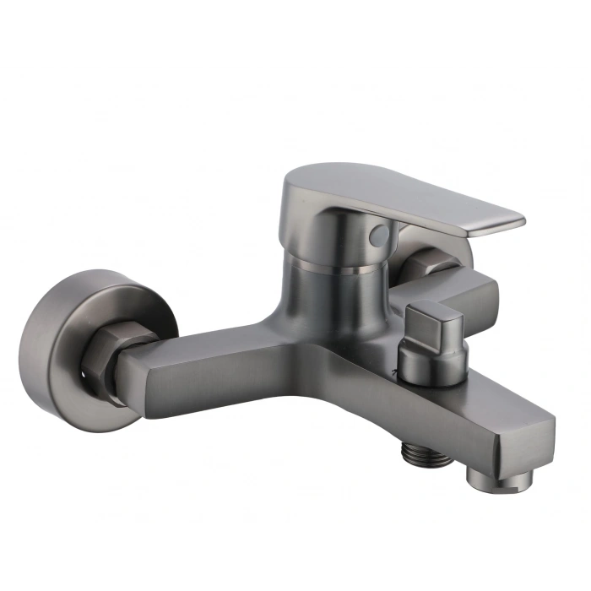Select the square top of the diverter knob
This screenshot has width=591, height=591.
tap(434, 319)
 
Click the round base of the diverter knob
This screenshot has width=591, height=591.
tap(427, 365)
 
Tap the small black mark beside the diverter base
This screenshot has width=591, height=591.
tap(393, 369)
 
